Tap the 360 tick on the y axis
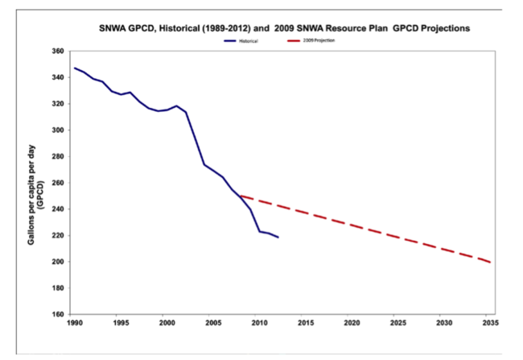pyautogui.click(x=57, y=51)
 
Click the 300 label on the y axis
pyautogui.click(x=57, y=130)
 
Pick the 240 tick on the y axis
pyautogui.click(x=57, y=209)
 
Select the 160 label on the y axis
pyautogui.click(x=57, y=314)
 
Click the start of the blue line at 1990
pyautogui.click(x=74, y=68)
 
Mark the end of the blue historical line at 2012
pyautogui.click(x=279, y=238)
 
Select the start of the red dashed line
pyautogui.click(x=239, y=195)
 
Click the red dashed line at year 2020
pyautogui.click(x=351, y=225)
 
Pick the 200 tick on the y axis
pyautogui.click(x=57, y=262)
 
